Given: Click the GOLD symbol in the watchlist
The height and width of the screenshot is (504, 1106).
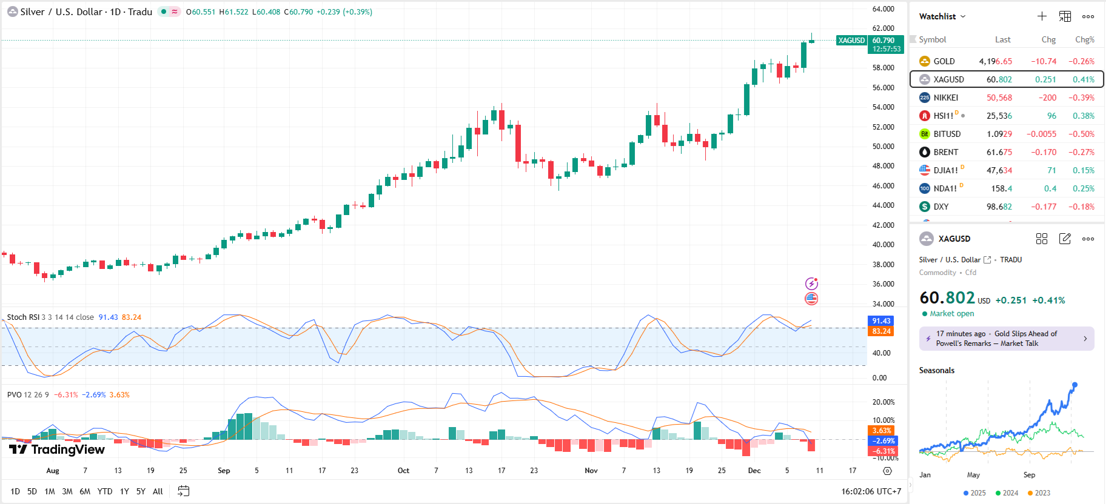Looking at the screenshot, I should coord(943,61).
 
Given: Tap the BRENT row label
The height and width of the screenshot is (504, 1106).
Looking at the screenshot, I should coord(945,152).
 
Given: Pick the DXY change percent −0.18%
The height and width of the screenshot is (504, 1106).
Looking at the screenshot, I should coord(1081,207).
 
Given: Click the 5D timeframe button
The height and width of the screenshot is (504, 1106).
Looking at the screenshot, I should coord(32,491).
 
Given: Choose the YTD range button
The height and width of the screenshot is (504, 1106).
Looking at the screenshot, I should coord(105,491).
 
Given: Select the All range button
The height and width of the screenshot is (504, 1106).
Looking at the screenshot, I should coord(158,491).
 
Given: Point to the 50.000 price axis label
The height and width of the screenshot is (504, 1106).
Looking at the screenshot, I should coord(883,147).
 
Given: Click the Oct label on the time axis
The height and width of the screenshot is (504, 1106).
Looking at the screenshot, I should coord(403,471).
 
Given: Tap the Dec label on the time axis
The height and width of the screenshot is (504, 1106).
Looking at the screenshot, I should coord(754,471).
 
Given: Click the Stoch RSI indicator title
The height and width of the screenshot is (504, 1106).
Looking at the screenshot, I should coord(23,317).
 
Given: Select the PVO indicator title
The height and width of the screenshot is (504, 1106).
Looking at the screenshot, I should coord(14,394).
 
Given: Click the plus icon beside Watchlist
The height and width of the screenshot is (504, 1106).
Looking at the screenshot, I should coord(1042,16).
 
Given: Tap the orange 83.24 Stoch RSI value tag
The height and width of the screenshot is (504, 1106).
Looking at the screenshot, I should coord(881,331).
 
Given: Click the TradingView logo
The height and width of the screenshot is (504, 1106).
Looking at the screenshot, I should coord(57,449).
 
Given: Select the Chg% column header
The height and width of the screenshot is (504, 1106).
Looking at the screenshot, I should coord(1084,39).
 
